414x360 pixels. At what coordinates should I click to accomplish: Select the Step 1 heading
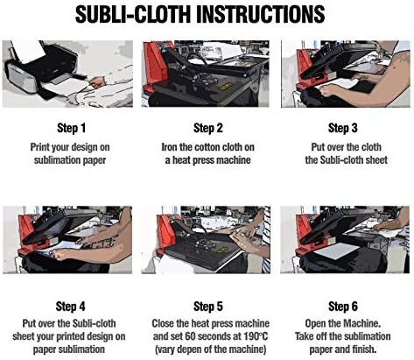pos(71,127)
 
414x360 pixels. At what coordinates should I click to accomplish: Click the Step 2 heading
pos(207,127)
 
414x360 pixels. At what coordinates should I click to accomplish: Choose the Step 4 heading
pos(71,306)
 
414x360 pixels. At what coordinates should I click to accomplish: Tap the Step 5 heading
pos(207,306)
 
